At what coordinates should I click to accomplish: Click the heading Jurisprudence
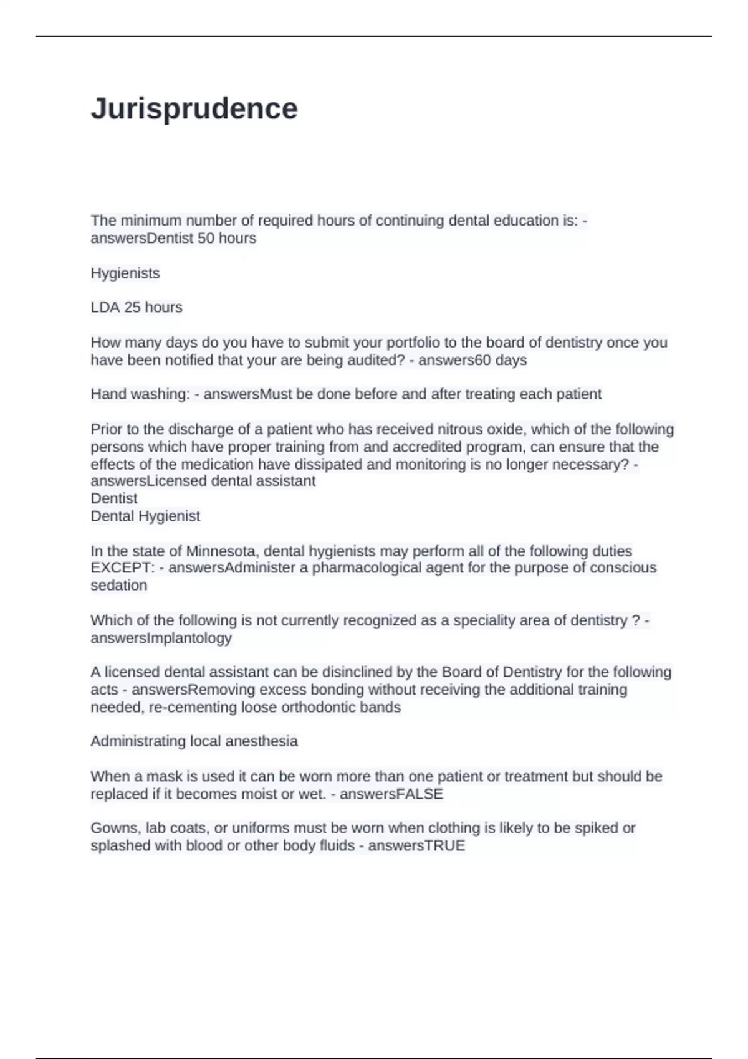point(194,109)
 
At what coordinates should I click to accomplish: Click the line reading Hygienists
point(125,273)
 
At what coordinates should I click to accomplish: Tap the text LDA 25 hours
point(137,308)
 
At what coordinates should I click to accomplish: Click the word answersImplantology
point(161,638)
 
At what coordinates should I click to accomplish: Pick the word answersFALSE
point(391,794)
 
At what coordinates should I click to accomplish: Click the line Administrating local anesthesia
point(194,741)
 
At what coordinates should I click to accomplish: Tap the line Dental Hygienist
point(145,516)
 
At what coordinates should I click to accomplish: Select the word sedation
point(119,586)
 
